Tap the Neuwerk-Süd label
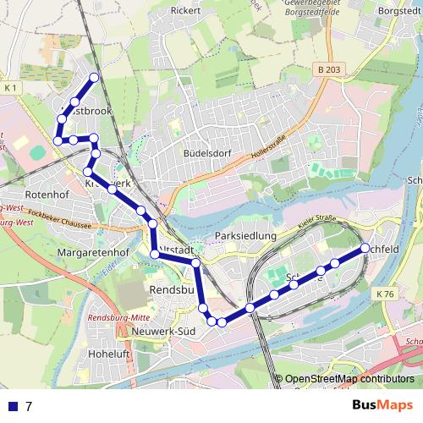[164, 330]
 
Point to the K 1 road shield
[10, 88]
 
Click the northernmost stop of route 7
[94, 78]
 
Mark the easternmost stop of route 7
[365, 248]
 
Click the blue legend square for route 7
[10, 406]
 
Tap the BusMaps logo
[382, 405]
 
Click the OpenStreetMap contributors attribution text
[349, 380]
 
